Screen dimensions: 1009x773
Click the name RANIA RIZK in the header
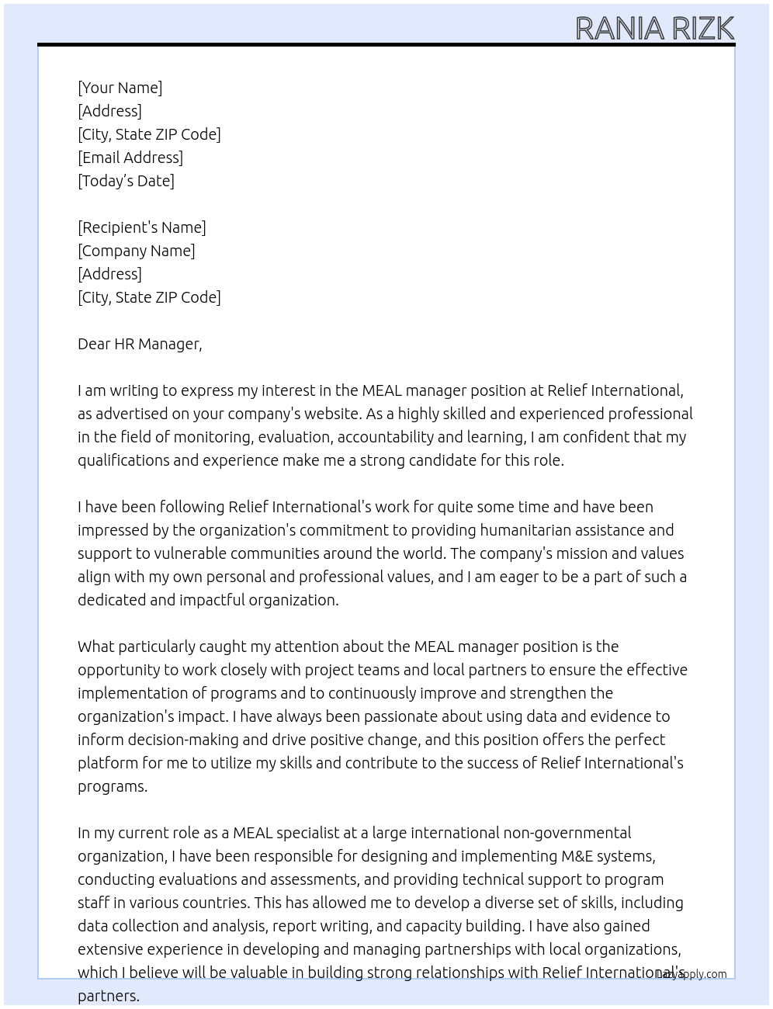point(654,29)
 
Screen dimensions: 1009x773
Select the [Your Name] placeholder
point(120,88)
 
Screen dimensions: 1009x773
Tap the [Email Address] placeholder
point(130,158)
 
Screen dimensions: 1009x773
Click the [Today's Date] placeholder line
point(126,181)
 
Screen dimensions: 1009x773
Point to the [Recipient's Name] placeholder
point(141,227)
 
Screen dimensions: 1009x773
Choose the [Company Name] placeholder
point(136,251)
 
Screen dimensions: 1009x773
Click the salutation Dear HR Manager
point(140,344)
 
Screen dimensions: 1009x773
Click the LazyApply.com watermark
point(692,974)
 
